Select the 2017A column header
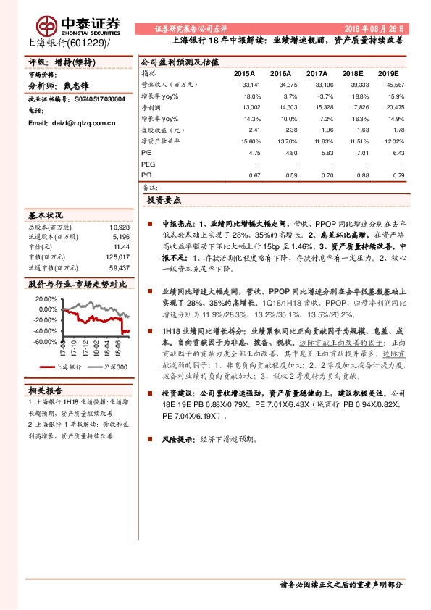point(316,74)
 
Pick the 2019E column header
point(390,74)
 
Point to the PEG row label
point(148,164)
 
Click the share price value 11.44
point(120,247)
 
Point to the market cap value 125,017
point(117,257)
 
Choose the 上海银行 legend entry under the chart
point(65,367)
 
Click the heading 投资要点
point(164,199)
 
